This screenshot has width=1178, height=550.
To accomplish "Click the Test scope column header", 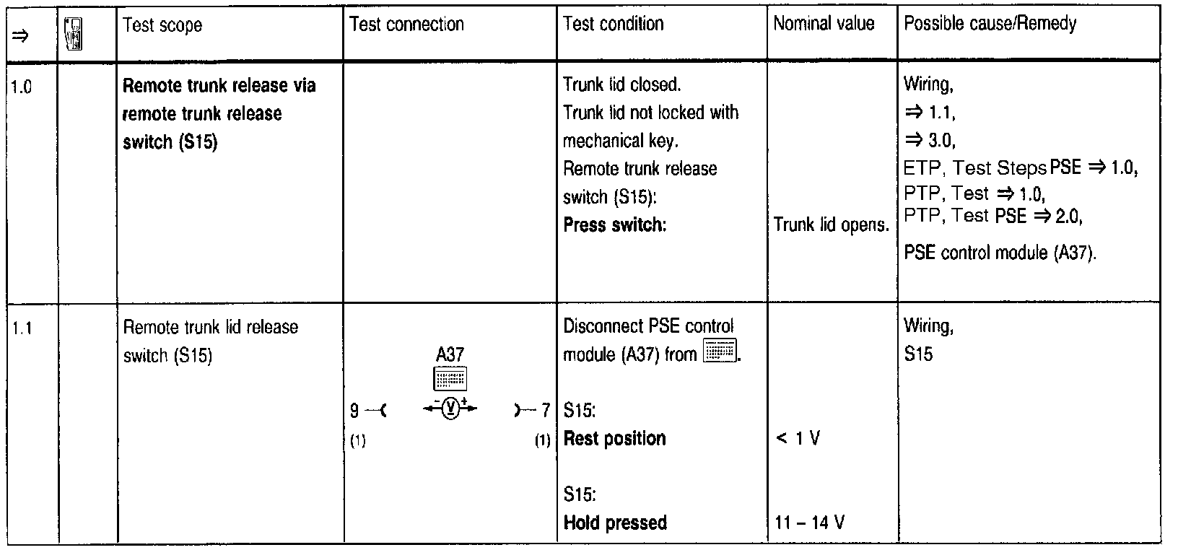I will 162,26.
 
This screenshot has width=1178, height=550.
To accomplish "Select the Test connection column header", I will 406,25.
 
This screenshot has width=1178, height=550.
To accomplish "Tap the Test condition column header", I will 613,24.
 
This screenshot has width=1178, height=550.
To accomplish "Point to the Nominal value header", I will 824,24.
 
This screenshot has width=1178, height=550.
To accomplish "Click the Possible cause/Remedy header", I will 990,24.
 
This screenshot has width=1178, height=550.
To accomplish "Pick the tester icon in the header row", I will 72,33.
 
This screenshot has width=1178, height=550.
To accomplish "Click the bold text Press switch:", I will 614,224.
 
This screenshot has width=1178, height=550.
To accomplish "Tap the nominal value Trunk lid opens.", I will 831,225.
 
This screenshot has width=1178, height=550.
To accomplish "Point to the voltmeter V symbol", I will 450,409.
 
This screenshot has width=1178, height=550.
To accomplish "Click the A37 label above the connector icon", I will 450,354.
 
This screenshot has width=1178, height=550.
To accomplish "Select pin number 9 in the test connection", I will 354,411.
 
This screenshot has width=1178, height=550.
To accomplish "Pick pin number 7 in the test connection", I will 546,411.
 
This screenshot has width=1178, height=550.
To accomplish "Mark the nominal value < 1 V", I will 797,439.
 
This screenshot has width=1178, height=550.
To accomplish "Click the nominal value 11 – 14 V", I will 809,523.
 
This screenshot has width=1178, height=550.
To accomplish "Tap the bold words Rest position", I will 614,439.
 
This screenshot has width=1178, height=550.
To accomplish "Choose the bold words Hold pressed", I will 615,523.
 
